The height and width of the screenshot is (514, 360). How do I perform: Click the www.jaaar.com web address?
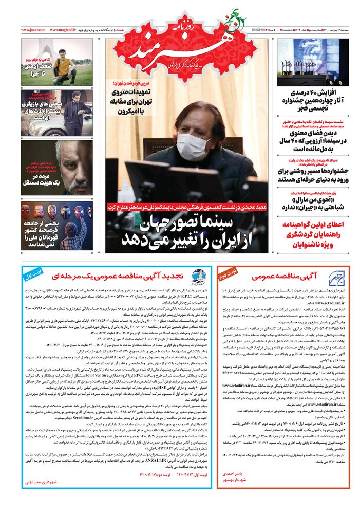[x=33, y=30]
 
